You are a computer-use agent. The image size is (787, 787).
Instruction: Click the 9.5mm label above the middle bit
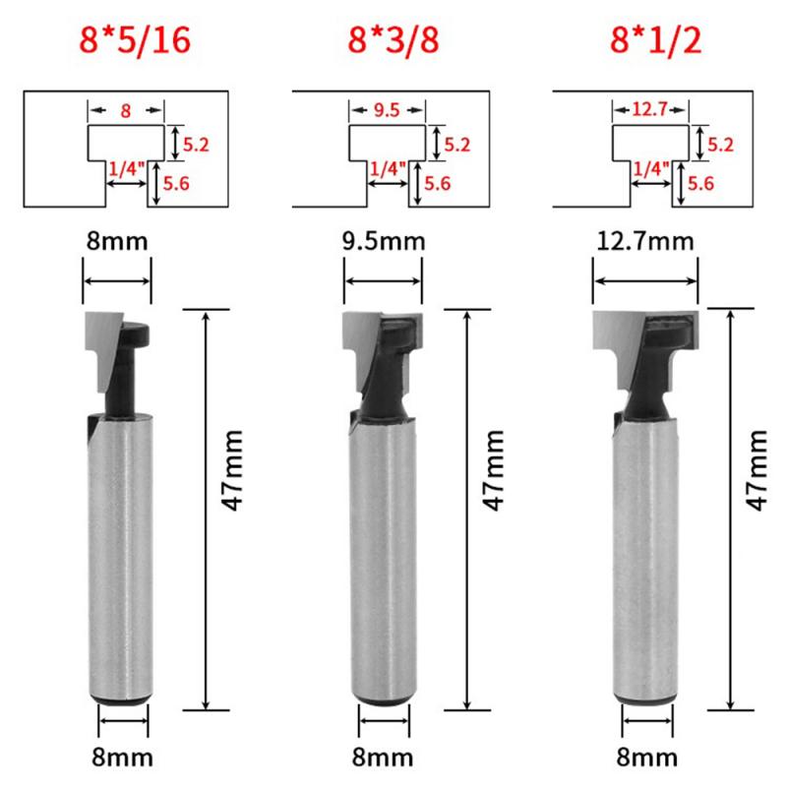384,241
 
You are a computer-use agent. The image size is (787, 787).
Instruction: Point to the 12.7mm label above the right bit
644,241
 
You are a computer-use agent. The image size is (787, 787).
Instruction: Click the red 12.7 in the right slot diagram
645,111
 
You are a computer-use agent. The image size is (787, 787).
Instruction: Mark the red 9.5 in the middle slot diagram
388,111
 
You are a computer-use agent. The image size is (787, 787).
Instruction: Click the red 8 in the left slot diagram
126,111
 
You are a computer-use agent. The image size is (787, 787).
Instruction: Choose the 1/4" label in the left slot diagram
126,170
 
